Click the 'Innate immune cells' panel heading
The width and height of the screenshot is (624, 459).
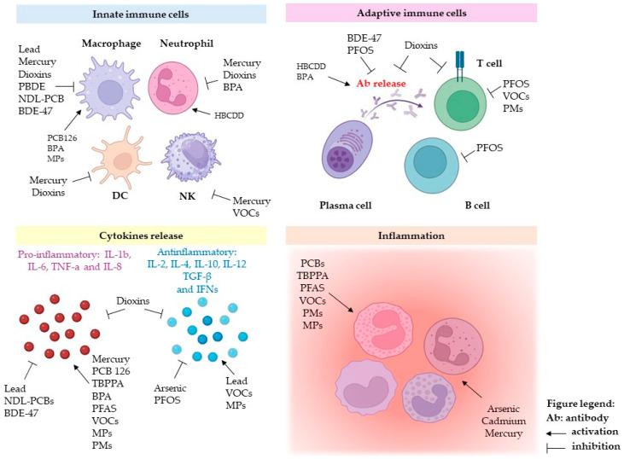[141, 15]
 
